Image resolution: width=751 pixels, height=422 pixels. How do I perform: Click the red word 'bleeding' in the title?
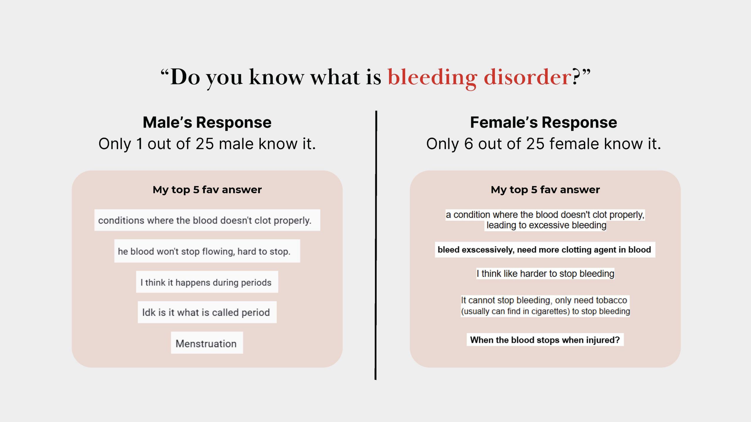click(x=432, y=77)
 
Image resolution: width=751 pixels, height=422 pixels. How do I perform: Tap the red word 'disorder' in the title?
click(x=528, y=77)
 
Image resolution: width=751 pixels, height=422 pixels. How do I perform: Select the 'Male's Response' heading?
click(x=207, y=122)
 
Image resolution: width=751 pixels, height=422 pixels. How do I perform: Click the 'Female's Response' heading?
click(x=544, y=122)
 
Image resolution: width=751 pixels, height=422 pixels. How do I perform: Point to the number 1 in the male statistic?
click(x=140, y=144)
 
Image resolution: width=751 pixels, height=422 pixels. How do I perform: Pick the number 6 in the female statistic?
click(x=468, y=144)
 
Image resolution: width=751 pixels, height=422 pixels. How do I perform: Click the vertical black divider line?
click(x=376, y=245)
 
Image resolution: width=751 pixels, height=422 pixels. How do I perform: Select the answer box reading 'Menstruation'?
click(x=207, y=343)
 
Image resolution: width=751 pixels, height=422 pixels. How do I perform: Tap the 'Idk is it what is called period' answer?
click(x=207, y=312)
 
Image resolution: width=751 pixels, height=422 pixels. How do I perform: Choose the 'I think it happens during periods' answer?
click(x=207, y=282)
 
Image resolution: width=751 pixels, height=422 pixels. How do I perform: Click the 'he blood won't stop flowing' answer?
click(x=207, y=251)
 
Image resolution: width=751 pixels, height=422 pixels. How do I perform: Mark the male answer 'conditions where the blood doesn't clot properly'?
click(x=207, y=220)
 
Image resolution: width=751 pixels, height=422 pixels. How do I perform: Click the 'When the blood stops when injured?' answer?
click(x=545, y=340)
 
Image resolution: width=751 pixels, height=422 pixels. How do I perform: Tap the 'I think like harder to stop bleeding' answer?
click(x=545, y=273)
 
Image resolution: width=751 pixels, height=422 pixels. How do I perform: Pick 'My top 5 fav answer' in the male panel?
click(x=207, y=190)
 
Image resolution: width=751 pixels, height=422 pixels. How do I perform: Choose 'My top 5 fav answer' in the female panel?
click(x=545, y=190)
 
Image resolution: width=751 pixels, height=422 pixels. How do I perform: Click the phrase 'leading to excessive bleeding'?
click(x=546, y=225)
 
